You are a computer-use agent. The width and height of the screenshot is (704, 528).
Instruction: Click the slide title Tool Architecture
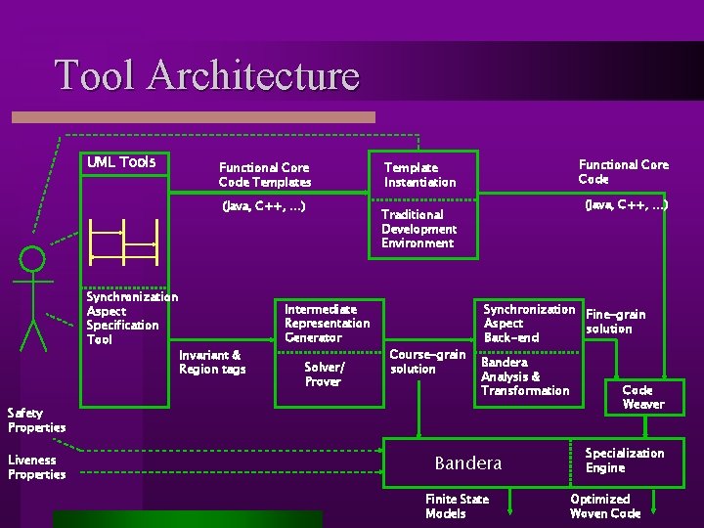[x=207, y=75]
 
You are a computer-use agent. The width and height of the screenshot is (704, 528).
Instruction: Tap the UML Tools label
[x=121, y=162]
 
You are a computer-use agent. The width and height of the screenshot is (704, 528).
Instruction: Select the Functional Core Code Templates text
[x=265, y=175]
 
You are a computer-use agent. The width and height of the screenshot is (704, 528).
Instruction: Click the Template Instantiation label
[x=419, y=175]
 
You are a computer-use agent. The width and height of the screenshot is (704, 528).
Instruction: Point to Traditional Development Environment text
[x=418, y=229]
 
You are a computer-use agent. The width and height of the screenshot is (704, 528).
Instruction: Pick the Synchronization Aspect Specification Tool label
[x=131, y=318]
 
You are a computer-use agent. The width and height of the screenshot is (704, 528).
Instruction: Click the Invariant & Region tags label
[x=212, y=362]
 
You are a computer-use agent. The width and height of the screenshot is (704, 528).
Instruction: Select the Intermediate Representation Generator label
[x=327, y=324]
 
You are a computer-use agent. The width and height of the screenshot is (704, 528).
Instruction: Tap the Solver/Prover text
[x=324, y=374]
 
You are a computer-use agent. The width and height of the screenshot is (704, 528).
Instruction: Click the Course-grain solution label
[x=427, y=362]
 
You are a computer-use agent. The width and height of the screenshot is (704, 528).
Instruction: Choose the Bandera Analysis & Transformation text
[x=525, y=376]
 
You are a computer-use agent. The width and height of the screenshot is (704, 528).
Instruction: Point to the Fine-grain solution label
[x=614, y=322]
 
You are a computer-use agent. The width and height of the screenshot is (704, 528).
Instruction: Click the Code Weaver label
[x=642, y=397]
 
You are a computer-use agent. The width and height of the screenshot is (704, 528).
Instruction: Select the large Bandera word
[x=467, y=462]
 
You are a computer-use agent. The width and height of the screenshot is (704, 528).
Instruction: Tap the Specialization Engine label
[x=624, y=461]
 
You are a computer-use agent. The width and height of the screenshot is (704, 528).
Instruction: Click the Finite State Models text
[x=457, y=506]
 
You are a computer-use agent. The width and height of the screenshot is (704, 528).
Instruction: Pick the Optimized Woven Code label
[x=605, y=506]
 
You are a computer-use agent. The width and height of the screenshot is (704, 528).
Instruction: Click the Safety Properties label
[x=36, y=420]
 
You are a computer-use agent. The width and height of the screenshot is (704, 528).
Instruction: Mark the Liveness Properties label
[x=36, y=467]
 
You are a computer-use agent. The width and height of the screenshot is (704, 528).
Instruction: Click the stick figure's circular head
[x=33, y=259]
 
